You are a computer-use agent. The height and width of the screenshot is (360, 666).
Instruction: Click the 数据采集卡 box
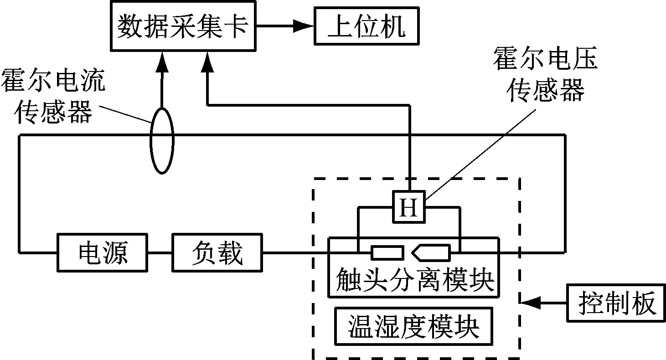183,26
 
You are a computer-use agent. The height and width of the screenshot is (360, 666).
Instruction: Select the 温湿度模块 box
413,327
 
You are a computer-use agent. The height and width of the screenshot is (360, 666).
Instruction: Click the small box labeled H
409,209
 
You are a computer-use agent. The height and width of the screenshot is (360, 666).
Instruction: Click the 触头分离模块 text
414,279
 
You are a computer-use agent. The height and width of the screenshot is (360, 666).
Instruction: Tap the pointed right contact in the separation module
431,252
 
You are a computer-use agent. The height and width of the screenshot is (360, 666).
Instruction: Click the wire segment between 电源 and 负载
160,252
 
